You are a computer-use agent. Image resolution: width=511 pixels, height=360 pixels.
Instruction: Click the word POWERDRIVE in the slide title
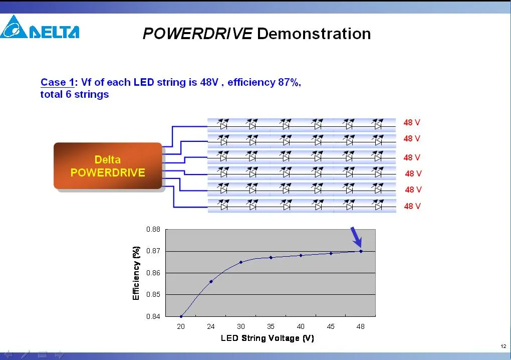(x=197, y=34)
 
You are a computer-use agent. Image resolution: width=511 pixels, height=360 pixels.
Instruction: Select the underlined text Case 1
(x=57, y=82)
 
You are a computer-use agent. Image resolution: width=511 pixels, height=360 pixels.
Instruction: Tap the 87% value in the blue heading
(x=289, y=82)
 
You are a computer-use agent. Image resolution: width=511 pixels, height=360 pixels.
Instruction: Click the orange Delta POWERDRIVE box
(x=108, y=165)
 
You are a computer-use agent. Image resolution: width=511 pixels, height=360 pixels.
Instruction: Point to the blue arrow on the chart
(x=356, y=237)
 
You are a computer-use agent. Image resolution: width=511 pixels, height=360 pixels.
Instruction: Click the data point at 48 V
(x=361, y=251)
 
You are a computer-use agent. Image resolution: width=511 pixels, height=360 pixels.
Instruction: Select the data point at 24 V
(x=211, y=281)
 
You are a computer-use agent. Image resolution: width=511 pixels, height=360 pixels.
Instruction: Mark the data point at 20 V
(x=181, y=316)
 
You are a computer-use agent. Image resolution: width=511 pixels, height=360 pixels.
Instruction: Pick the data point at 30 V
(x=241, y=262)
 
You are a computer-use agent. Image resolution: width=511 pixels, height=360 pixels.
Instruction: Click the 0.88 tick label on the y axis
(x=153, y=229)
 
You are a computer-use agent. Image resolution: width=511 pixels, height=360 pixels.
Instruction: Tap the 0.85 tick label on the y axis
(x=153, y=294)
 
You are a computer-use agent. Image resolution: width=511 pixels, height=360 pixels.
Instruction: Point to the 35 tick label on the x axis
(x=271, y=326)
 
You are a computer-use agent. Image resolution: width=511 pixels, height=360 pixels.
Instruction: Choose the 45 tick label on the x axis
(x=331, y=326)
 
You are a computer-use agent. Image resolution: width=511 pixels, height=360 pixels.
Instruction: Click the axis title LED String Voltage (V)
(x=267, y=338)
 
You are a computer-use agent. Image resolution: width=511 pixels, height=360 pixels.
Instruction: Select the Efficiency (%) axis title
(x=136, y=273)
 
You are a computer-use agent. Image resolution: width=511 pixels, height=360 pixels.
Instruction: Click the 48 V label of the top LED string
(x=412, y=123)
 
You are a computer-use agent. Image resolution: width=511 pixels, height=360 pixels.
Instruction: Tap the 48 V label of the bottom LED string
(x=412, y=206)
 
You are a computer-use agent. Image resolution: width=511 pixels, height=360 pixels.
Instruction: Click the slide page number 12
(x=503, y=346)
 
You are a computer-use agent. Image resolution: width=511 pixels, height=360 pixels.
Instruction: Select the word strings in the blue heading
(x=92, y=95)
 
